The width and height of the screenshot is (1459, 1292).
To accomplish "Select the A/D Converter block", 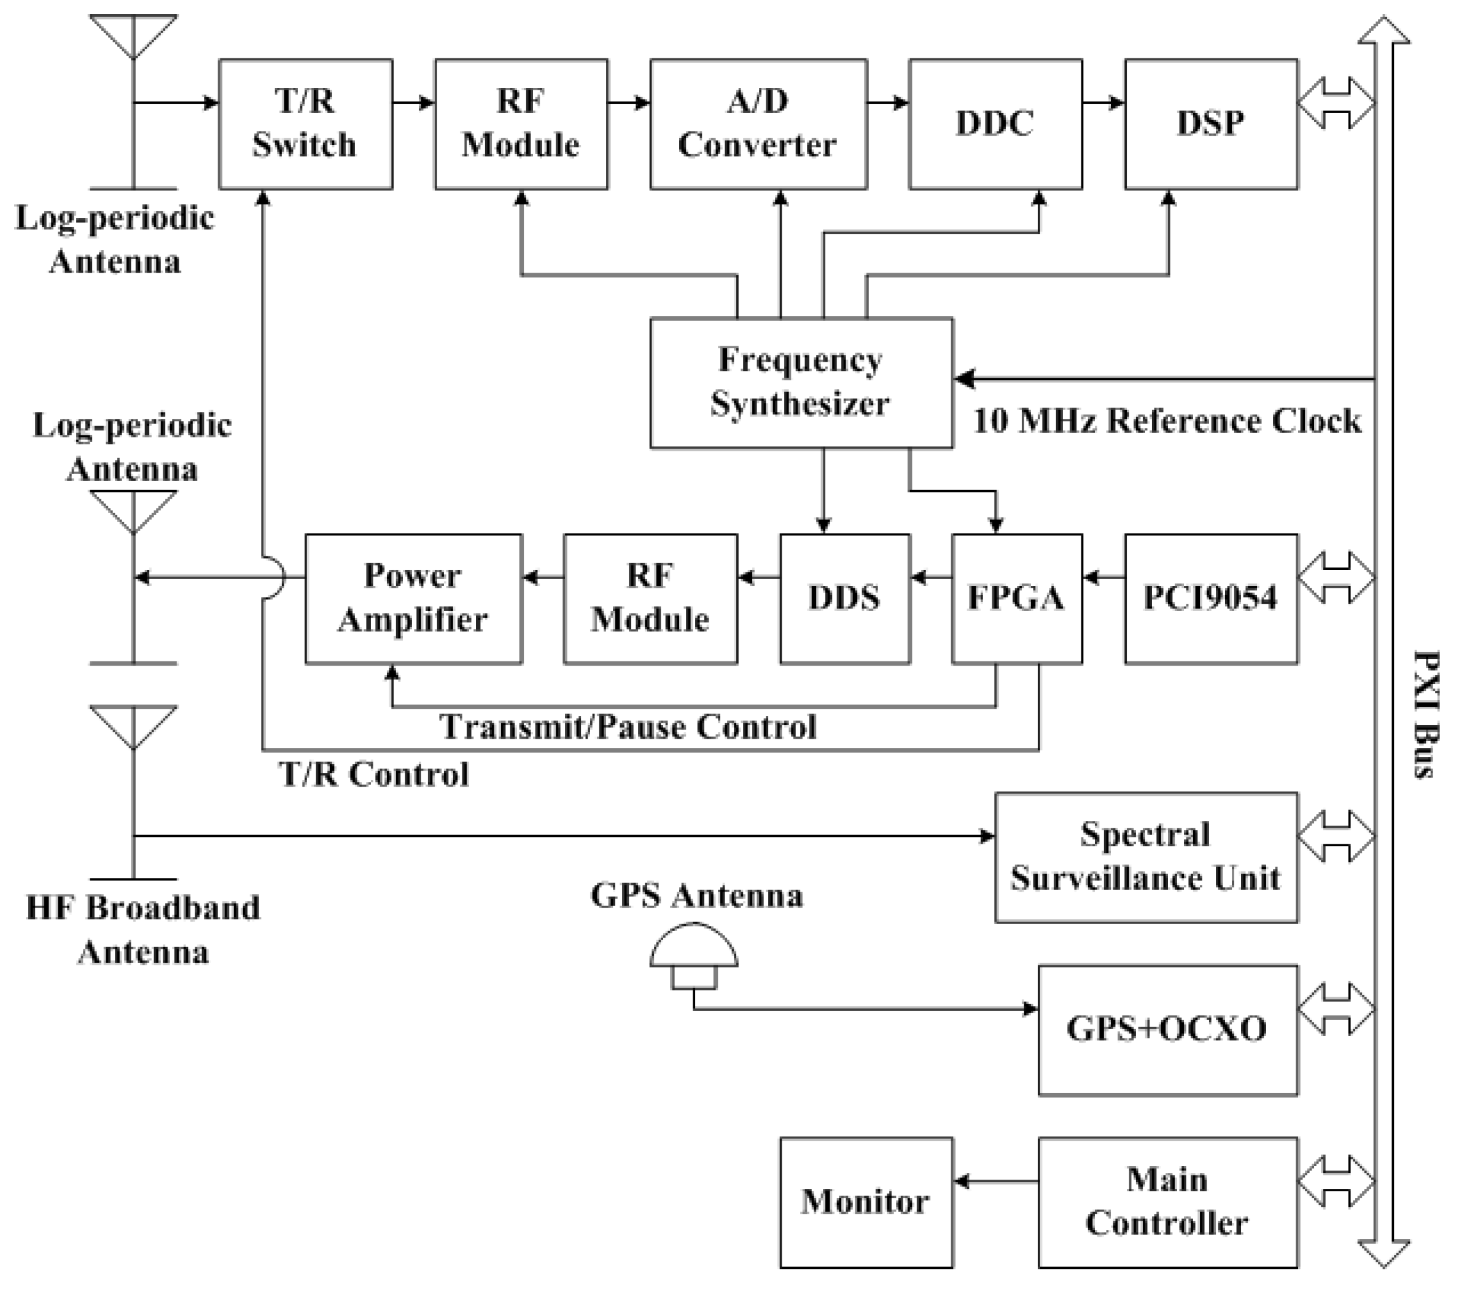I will click(x=758, y=123).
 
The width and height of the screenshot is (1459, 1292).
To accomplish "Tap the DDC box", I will click(x=995, y=123).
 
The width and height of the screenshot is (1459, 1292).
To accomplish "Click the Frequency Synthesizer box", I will click(x=801, y=383).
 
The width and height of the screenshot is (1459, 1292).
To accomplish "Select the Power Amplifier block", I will click(x=413, y=598).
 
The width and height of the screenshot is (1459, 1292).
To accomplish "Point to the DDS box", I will click(x=844, y=598).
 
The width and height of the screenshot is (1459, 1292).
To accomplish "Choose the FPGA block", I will click(x=1016, y=598).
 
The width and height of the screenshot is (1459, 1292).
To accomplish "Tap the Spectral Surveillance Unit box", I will click(x=1146, y=857).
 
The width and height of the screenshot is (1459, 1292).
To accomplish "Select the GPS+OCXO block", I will click(x=1167, y=1029).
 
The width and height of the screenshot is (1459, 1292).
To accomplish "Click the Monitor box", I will click(x=866, y=1202).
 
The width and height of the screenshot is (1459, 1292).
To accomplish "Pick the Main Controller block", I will click(x=1167, y=1202).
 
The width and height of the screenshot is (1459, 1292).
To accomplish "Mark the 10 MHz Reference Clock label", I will click(x=1167, y=421).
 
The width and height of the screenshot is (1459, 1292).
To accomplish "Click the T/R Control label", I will click(x=374, y=774).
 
